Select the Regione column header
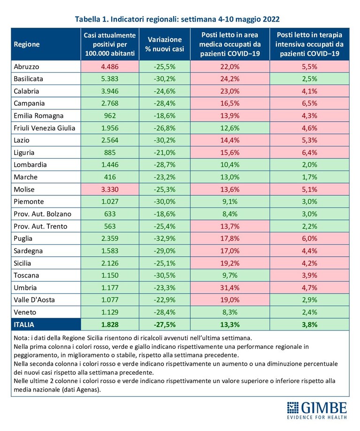click(x=27, y=44)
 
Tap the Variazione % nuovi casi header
click(x=165, y=44)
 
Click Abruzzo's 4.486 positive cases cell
click(x=110, y=67)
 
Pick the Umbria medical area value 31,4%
click(x=230, y=288)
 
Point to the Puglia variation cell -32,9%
click(x=165, y=239)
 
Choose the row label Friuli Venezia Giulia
click(x=45, y=128)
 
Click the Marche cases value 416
click(x=110, y=177)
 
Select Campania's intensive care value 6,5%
click(x=309, y=104)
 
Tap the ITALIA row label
click(x=24, y=324)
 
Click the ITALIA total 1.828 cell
click(x=110, y=324)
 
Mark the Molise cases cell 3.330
click(x=110, y=190)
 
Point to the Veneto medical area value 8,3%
click(x=230, y=312)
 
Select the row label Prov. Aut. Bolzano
click(x=43, y=214)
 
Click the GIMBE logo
click(x=317, y=410)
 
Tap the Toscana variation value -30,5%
click(x=165, y=276)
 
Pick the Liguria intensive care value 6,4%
click(x=309, y=153)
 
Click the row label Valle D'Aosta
click(x=34, y=300)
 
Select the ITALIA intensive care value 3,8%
click(x=309, y=324)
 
